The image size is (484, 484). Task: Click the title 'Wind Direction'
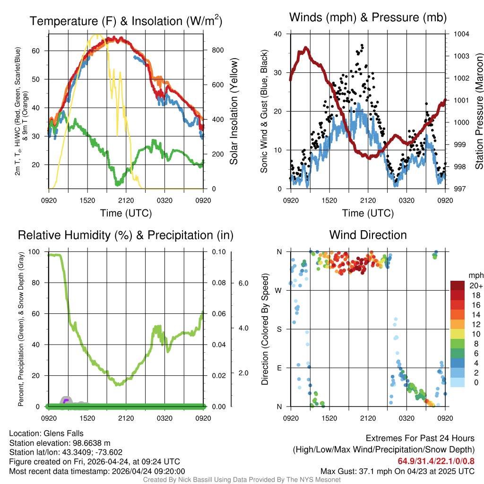(368, 235)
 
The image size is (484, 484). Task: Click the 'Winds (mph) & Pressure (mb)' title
(368, 18)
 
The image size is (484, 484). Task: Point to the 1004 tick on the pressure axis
(461, 34)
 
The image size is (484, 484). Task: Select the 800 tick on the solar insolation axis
(214, 50)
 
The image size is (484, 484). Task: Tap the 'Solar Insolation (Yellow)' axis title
(234, 112)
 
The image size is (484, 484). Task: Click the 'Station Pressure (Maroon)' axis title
(478, 112)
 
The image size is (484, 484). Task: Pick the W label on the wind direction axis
(279, 290)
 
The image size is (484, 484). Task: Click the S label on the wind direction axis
(279, 329)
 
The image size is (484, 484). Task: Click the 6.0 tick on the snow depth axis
(242, 283)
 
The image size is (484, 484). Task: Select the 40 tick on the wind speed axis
(278, 34)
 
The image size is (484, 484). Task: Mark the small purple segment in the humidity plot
(66, 401)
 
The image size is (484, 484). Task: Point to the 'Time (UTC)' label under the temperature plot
(126, 213)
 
